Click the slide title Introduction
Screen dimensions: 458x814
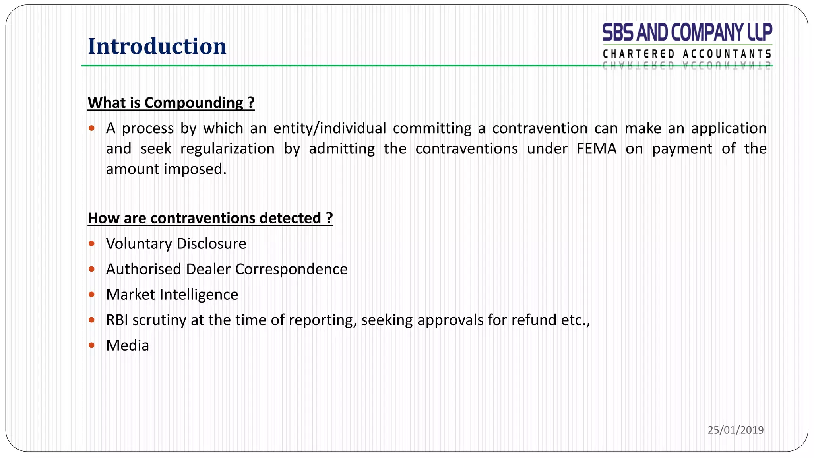pos(157,46)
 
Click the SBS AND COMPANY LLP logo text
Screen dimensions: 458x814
pos(687,32)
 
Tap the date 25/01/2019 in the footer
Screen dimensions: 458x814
pos(735,430)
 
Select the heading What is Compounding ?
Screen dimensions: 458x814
pos(171,103)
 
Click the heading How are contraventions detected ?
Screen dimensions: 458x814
pos(210,218)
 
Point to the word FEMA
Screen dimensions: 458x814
pos(597,149)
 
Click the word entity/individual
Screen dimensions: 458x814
pos(329,128)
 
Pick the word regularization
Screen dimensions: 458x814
pos(227,149)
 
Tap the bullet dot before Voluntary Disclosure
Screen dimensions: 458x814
pos(92,243)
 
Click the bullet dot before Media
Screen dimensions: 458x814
pos(92,345)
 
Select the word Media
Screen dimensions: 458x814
pos(127,345)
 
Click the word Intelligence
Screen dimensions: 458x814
pos(199,295)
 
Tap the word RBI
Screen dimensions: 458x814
pos(117,320)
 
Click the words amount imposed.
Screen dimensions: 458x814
pos(166,169)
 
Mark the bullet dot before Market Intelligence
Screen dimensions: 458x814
pos(92,295)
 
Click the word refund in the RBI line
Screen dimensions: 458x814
pos(534,320)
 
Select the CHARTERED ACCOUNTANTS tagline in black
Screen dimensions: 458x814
pos(687,54)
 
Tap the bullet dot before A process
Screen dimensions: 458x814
pos(92,128)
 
